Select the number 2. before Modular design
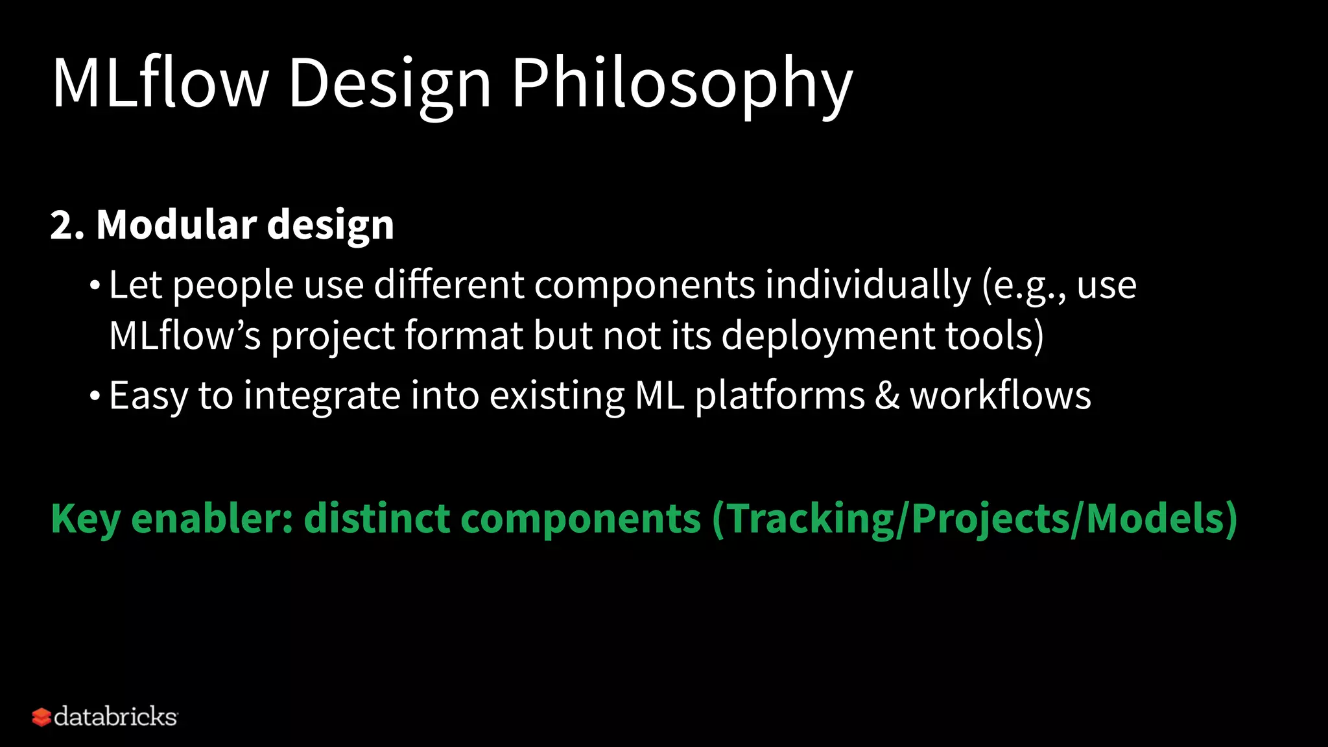67,225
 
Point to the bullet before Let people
95,286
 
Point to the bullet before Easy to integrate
95,396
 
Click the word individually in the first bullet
868,285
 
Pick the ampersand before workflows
887,396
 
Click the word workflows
1000,396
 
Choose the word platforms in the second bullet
779,396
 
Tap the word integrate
322,396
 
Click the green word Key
86,519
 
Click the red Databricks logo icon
41,717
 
